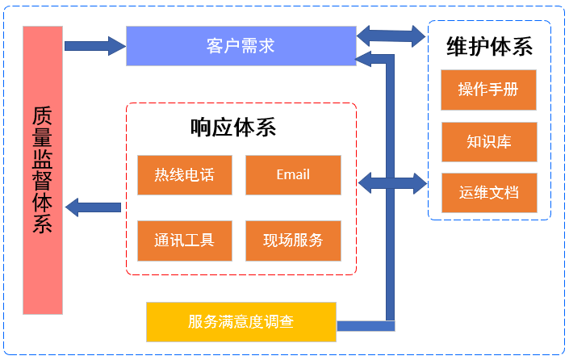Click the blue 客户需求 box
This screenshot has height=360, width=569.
pos(241,45)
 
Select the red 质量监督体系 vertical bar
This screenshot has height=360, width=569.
pos(43,170)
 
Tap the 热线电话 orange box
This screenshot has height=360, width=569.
pos(184,175)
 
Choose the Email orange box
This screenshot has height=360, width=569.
pos(292,175)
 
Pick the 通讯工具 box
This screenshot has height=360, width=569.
pos(184,241)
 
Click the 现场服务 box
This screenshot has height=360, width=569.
pos(292,241)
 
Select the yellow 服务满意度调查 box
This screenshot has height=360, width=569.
pos(241,322)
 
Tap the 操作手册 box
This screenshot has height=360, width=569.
pos(488,90)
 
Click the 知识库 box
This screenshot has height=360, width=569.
pos(488,142)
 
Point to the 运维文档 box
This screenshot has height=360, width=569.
pos(488,193)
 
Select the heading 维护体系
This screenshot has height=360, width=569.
pos(489,46)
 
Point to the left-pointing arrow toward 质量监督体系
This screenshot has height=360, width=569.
pos(93,207)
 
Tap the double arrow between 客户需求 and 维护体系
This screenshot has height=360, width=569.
pos(391,35)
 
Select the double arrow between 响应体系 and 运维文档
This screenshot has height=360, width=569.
pos(391,182)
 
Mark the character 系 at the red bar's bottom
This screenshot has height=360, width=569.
pos(43,221)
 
